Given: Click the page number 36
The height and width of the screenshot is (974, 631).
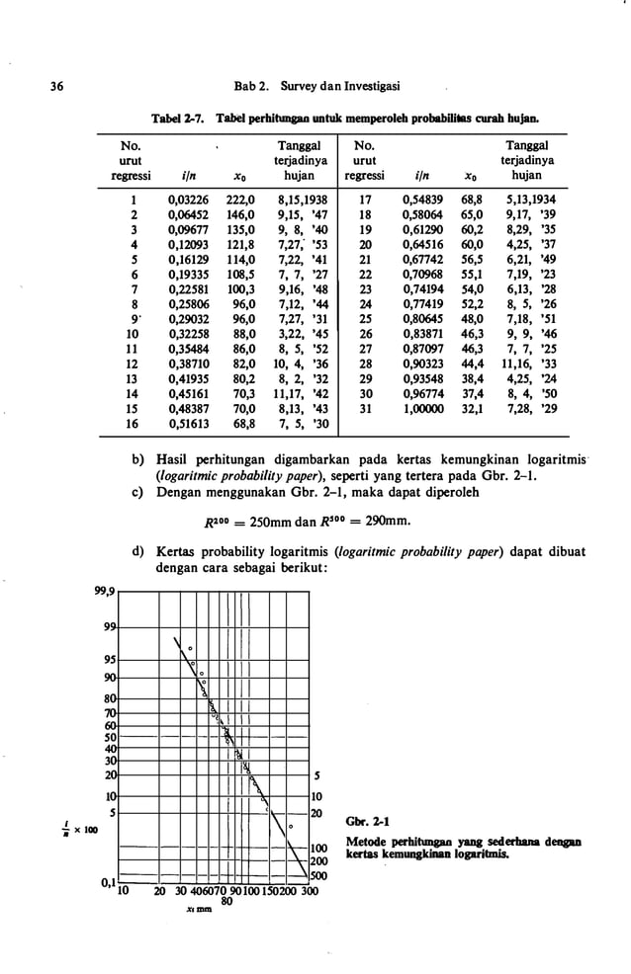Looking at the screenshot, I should (45, 87).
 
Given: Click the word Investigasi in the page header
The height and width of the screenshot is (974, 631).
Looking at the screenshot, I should (382, 87).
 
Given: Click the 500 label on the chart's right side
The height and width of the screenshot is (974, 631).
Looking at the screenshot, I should (319, 874).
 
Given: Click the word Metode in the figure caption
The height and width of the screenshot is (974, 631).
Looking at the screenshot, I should (366, 841).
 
